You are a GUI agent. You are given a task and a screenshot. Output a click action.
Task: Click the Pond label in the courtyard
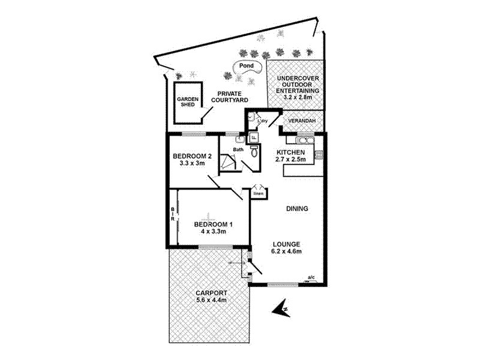[x=247, y=65]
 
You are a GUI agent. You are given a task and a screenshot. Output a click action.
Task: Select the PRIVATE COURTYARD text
[x=233, y=97]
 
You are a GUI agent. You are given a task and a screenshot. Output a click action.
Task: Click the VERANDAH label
[x=302, y=121]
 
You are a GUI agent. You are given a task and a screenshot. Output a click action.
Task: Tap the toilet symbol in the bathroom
[x=255, y=152]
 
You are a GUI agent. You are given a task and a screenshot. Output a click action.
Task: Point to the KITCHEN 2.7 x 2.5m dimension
[x=291, y=160]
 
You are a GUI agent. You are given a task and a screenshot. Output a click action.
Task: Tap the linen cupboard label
[x=258, y=194]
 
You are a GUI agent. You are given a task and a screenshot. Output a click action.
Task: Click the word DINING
[x=296, y=209]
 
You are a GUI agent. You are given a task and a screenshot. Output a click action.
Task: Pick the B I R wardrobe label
[x=173, y=217]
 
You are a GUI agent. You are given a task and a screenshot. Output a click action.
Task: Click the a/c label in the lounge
[x=311, y=277]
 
